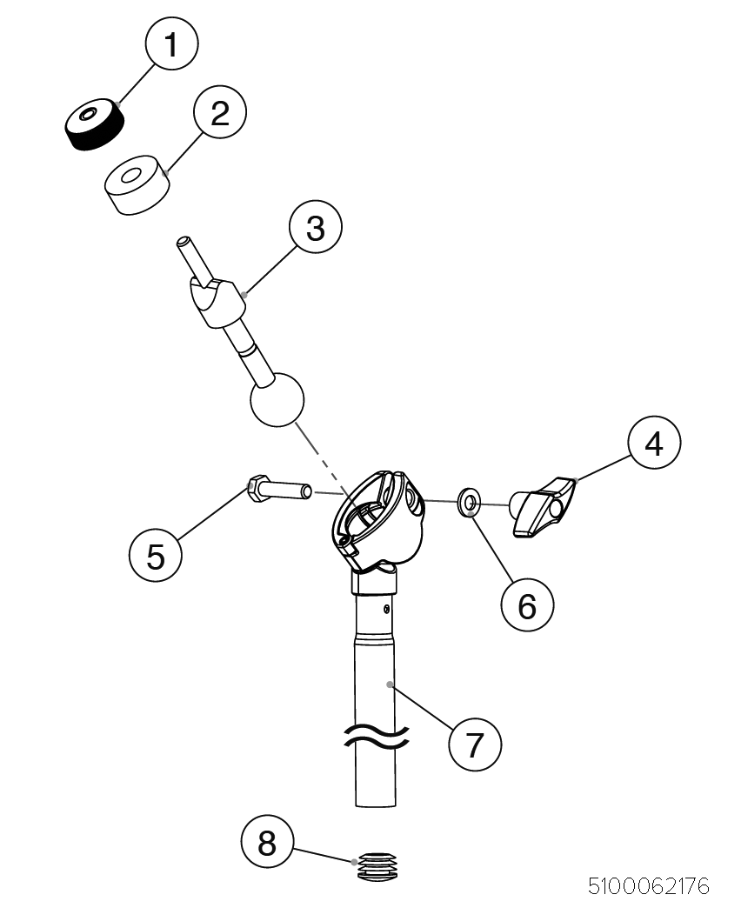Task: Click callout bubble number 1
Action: click(170, 43)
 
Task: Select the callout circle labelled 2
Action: click(219, 113)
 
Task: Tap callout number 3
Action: click(315, 228)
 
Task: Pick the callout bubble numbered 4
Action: click(653, 444)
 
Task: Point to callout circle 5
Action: click(156, 555)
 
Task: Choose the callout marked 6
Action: click(527, 604)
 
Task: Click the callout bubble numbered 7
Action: click(475, 744)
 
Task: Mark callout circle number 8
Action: click(267, 842)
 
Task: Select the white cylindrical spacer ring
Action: click(137, 185)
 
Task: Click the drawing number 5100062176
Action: click(648, 886)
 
